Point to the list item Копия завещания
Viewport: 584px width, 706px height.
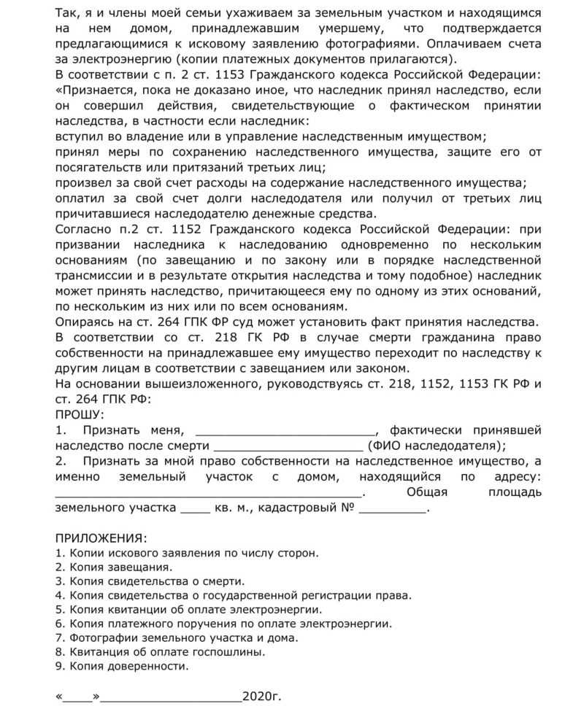tap(115, 567)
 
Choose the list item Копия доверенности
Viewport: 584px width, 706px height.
tap(122, 666)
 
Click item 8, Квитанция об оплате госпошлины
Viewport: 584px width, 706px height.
tap(160, 651)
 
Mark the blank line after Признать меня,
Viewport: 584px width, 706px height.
tap(285, 430)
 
